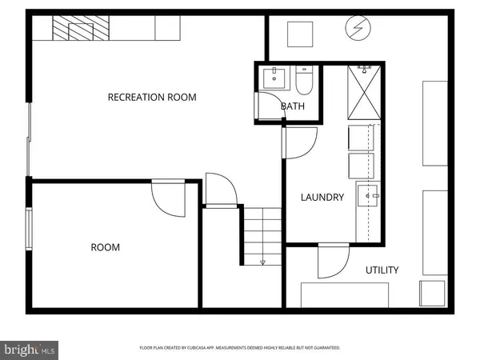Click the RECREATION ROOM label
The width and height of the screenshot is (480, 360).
tap(152, 98)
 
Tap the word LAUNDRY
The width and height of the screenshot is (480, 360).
tap(322, 198)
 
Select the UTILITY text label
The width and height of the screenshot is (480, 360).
tap(382, 270)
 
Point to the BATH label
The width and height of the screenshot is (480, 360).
tap(292, 106)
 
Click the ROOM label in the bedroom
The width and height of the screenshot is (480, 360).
tap(105, 247)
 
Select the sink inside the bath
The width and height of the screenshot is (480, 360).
tap(274, 78)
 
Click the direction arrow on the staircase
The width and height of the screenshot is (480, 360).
tap(262, 262)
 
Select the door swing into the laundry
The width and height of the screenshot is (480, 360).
tap(298, 142)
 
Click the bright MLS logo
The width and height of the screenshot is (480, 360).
tap(30, 350)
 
